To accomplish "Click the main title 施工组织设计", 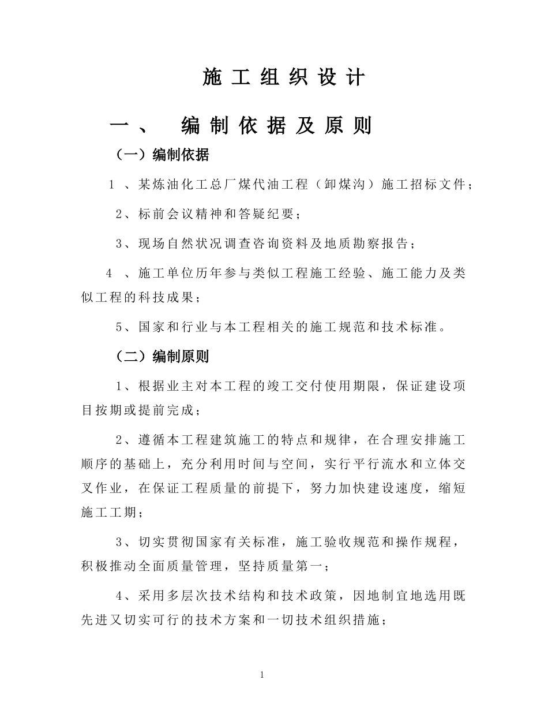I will click(284, 77).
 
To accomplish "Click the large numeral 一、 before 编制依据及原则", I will click(130, 126).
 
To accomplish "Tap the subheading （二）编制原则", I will click(163, 357).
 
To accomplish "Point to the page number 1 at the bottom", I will click(262, 675).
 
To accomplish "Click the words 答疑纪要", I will click(269, 214).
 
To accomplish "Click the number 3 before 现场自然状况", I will click(119, 244).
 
